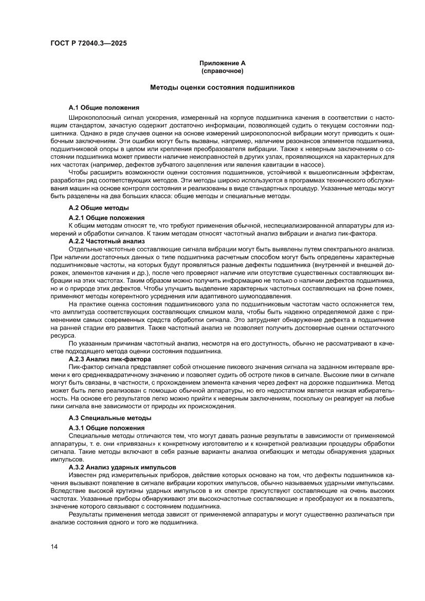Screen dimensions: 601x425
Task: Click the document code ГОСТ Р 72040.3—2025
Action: (88, 43)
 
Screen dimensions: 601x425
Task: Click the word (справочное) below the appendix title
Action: (223, 70)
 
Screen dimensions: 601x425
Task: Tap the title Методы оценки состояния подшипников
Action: (223, 88)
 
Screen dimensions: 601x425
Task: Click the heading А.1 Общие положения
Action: (104, 107)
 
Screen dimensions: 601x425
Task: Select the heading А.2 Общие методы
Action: (99, 208)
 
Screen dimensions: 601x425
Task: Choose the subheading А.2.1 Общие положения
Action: (107, 218)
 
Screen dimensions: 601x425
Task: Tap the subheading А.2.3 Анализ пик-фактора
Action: (110, 358)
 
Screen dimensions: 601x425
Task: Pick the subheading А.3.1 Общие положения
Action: (107, 428)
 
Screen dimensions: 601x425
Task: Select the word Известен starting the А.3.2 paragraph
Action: (82, 476)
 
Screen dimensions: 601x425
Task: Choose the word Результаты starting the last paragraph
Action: (86, 514)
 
